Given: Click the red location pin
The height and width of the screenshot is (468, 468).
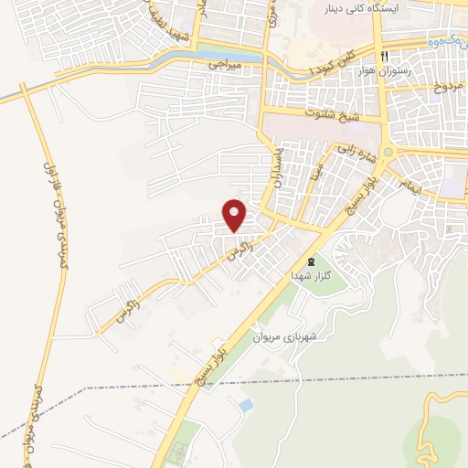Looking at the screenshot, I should tap(235, 214).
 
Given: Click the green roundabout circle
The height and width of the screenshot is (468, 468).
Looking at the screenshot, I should tap(388, 152).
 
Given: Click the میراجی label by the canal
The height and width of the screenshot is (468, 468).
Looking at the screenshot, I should tap(225, 66).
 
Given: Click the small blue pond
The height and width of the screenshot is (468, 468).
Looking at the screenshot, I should tap(244, 403).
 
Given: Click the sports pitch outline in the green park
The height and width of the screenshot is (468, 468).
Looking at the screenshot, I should tap(180, 452).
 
